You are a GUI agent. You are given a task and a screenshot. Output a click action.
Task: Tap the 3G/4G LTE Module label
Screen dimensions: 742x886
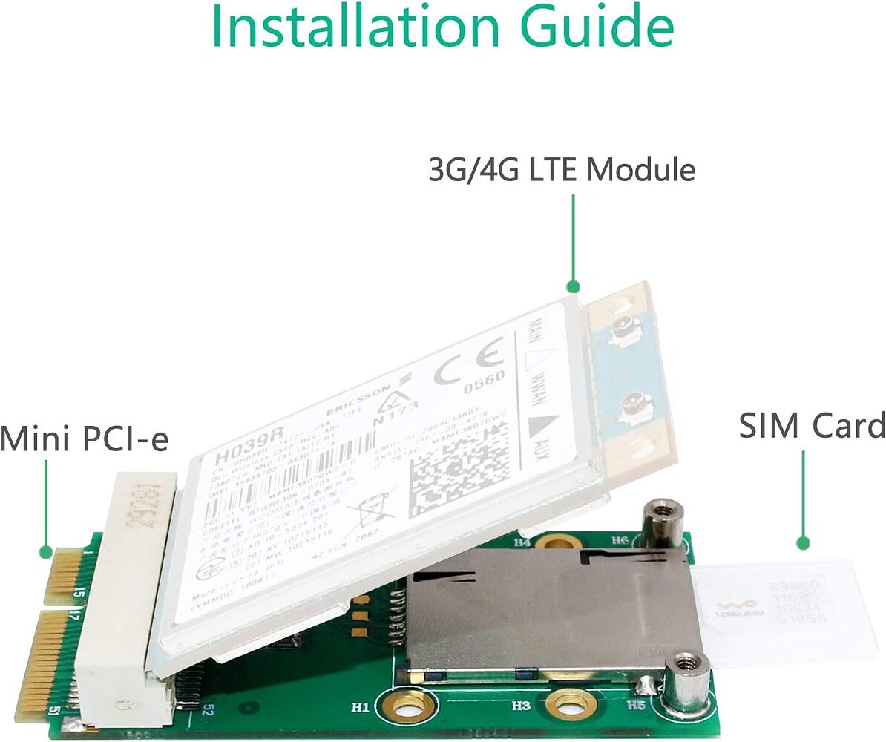coord(562,170)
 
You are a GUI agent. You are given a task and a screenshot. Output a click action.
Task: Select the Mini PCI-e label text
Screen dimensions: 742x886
coord(85,438)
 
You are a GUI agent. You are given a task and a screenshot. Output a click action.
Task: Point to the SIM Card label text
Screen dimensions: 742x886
coord(812,426)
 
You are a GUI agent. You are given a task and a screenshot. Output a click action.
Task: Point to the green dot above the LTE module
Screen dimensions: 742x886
coord(572,286)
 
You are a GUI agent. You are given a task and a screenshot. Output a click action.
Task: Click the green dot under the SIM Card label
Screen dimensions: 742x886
coord(802,544)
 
